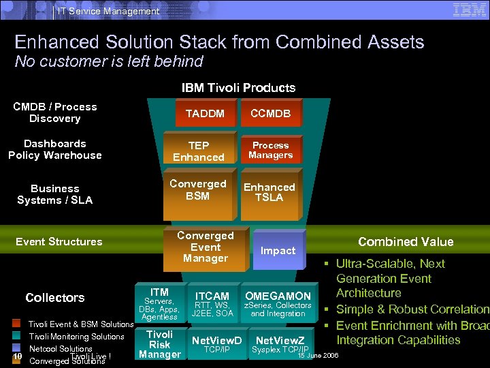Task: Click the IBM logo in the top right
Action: point(470,10)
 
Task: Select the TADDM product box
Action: point(205,114)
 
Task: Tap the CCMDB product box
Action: point(271,114)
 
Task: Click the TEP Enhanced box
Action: point(199,151)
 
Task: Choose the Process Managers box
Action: point(271,151)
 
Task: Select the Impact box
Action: point(278,250)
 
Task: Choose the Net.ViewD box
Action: point(217,343)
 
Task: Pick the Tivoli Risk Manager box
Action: point(160,344)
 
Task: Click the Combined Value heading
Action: point(406,242)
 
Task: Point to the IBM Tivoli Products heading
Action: point(238,88)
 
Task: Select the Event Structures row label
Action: point(59,242)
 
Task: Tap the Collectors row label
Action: point(55,298)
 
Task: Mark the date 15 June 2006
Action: point(318,356)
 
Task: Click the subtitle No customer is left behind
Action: point(109,61)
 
